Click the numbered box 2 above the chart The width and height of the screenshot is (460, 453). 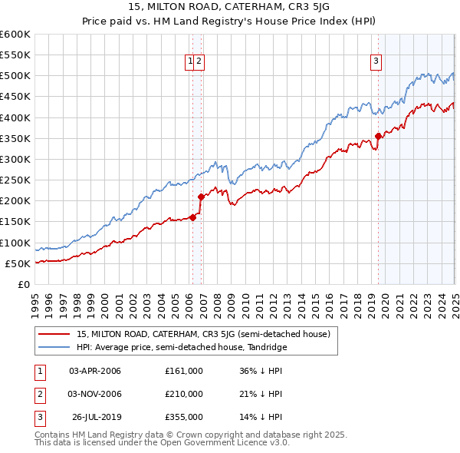pos(199,63)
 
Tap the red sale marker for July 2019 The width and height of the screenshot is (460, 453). pos(378,136)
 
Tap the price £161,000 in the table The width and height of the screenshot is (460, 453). pos(183,371)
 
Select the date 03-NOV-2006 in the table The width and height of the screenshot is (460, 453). pos(95,394)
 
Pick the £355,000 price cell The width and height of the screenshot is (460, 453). pos(183,417)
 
